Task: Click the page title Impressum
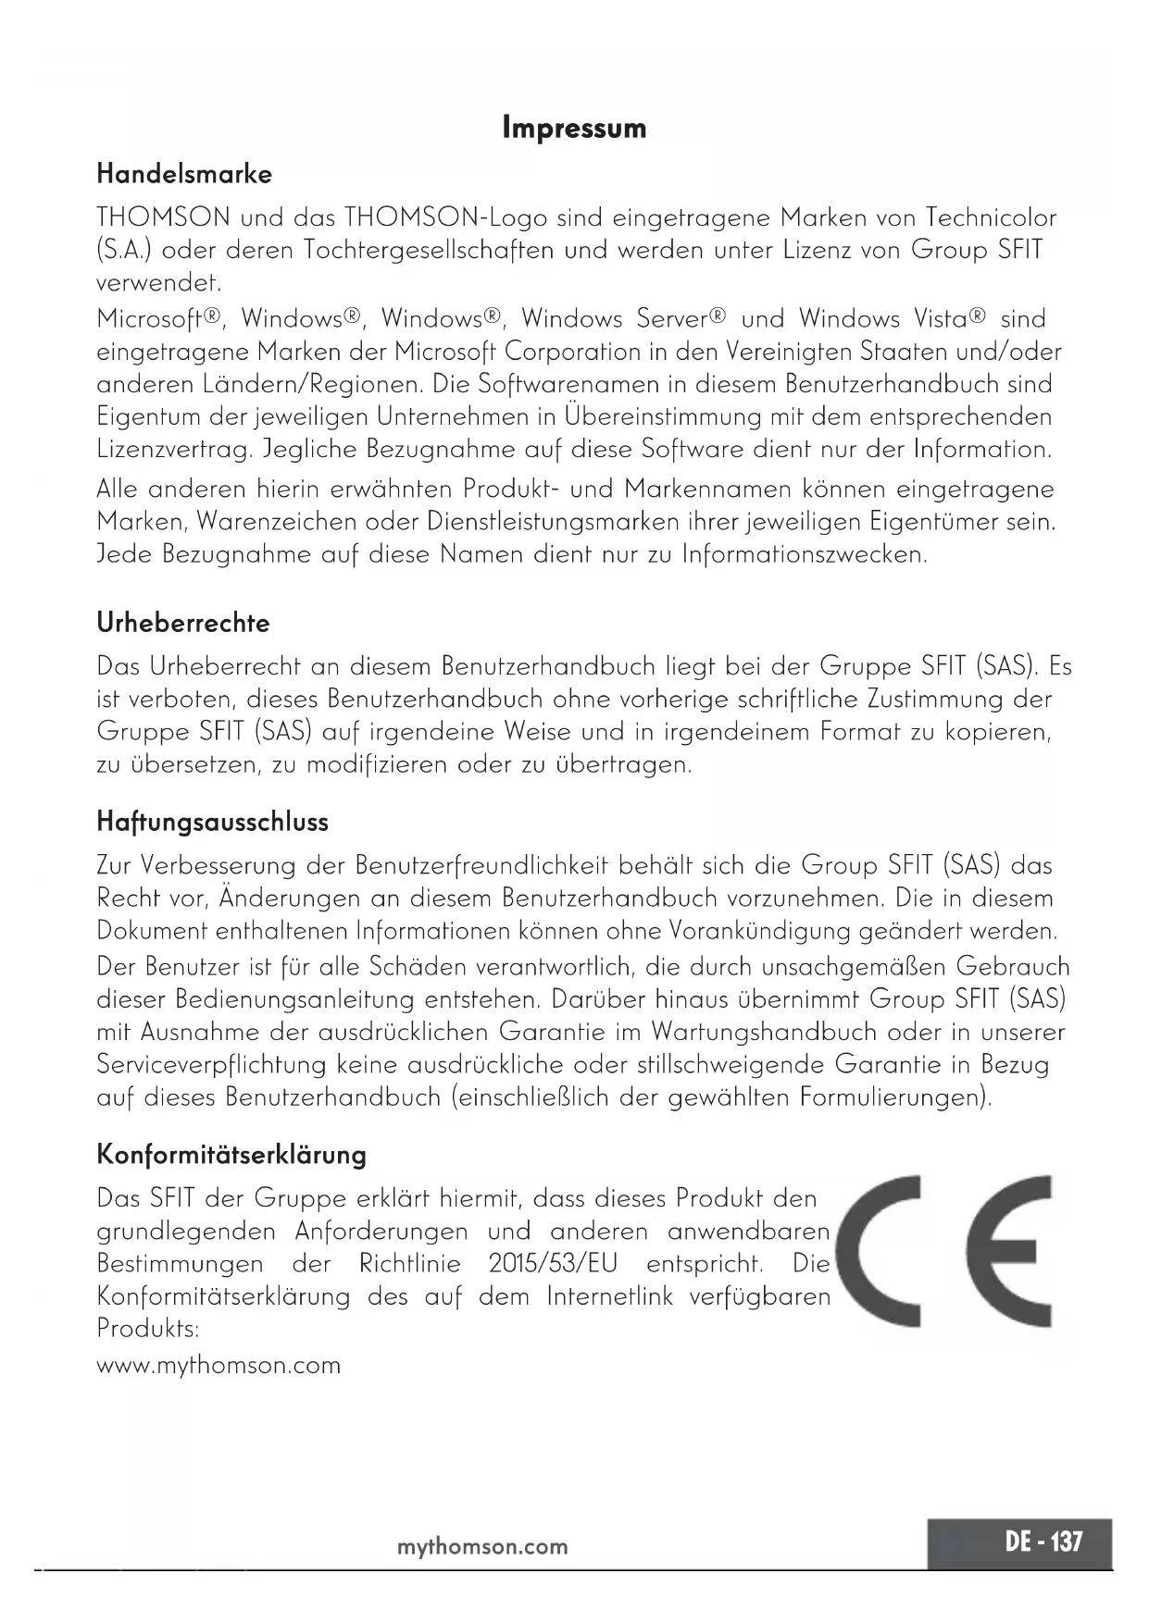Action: [x=574, y=128]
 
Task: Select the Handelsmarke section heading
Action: [x=184, y=174]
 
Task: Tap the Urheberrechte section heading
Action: [x=183, y=623]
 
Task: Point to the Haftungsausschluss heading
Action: [x=212, y=822]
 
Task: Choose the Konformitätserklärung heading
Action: [x=231, y=1155]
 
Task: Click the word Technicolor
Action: [x=986, y=218]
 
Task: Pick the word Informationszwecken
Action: [x=804, y=555]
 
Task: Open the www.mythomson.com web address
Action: [x=219, y=1366]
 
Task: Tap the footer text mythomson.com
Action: [x=481, y=1546]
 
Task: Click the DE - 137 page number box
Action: [x=1018, y=1542]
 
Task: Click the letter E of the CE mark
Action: [x=1009, y=1251]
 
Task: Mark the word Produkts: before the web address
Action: [x=148, y=1330]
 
